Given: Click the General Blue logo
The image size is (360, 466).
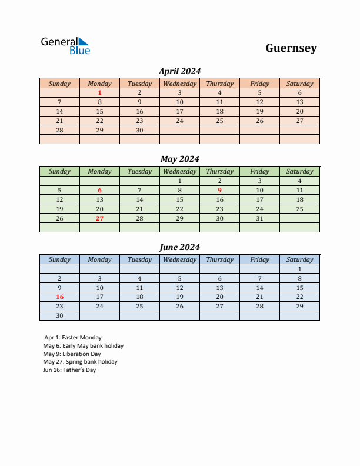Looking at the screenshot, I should [65, 46].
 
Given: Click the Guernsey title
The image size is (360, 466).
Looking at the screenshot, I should [291, 48].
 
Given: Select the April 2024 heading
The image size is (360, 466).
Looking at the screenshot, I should [180, 71].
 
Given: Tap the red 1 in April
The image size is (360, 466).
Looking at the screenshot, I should [99, 92].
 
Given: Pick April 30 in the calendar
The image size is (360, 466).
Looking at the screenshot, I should [139, 130].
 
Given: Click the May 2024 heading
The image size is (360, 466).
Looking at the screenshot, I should [180, 159].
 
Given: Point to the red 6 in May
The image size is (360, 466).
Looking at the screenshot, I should [99, 190].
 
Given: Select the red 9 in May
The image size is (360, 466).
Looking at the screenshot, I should [219, 190].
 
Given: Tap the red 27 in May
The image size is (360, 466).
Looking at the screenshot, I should [99, 218].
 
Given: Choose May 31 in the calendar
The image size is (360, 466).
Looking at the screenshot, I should [259, 218].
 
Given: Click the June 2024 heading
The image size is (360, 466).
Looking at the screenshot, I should [180, 247].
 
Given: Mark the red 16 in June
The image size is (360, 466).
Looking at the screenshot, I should [59, 297].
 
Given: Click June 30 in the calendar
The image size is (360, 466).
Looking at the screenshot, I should [59, 316].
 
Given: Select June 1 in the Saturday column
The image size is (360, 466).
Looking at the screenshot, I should [299, 269].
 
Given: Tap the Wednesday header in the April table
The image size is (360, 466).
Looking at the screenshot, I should [179, 84].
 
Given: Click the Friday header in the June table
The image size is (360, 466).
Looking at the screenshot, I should [259, 259].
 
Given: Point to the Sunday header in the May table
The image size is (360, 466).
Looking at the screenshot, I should [59, 171].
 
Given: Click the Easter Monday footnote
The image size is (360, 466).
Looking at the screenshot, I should [73, 338].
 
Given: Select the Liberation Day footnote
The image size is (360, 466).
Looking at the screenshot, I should [72, 354].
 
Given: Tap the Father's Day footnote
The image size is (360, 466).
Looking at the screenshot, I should [69, 370].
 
